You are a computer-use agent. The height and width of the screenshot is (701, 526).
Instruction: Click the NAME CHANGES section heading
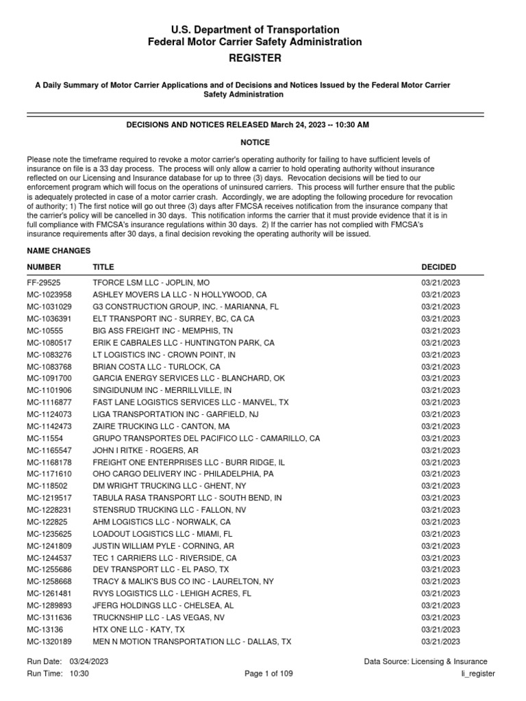pos(59,251)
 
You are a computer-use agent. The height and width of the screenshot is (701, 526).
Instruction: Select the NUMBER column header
pos(44,267)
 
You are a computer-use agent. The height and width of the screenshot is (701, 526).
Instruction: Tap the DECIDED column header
pos(438,267)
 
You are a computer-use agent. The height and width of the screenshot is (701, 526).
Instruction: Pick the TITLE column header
pos(103,267)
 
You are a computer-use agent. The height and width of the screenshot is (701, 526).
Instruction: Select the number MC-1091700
pos(50,379)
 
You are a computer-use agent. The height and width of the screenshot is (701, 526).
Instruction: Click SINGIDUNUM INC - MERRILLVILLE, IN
pos(162,390)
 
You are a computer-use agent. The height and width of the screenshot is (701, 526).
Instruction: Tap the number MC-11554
pos(44,438)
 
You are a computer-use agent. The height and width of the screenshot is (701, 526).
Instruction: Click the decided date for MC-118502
pos(440,486)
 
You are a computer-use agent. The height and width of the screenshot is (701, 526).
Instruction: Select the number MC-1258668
pos(50,581)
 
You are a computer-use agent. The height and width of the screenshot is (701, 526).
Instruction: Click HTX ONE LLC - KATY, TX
pos(138,629)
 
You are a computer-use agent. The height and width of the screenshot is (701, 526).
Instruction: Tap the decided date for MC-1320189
pos(440,641)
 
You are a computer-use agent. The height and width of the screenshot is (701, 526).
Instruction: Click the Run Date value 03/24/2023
pos(88,662)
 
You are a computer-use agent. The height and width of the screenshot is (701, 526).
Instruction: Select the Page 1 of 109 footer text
pos(269,674)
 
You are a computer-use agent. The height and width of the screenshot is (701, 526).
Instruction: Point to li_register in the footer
pos(478,674)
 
